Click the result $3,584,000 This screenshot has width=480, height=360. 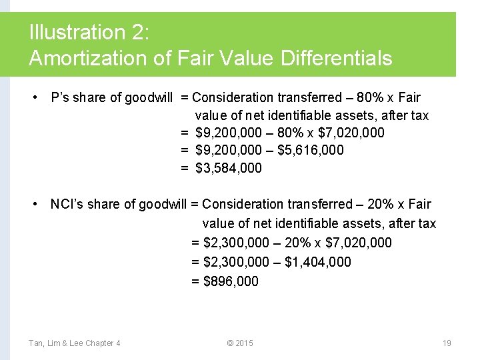point(229,168)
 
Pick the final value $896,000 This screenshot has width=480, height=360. point(231,281)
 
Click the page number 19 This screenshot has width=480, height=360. point(447,343)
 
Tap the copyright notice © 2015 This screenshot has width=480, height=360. point(240,343)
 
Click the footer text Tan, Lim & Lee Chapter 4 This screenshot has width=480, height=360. point(75,343)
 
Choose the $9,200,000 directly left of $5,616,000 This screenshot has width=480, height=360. point(229,150)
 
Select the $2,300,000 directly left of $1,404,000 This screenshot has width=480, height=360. point(236,262)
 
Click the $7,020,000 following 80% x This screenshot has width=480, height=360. point(351,133)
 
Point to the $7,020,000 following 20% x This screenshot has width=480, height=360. point(359,243)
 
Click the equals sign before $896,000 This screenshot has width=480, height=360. point(195,281)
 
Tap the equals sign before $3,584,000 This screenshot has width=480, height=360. point(185,168)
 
